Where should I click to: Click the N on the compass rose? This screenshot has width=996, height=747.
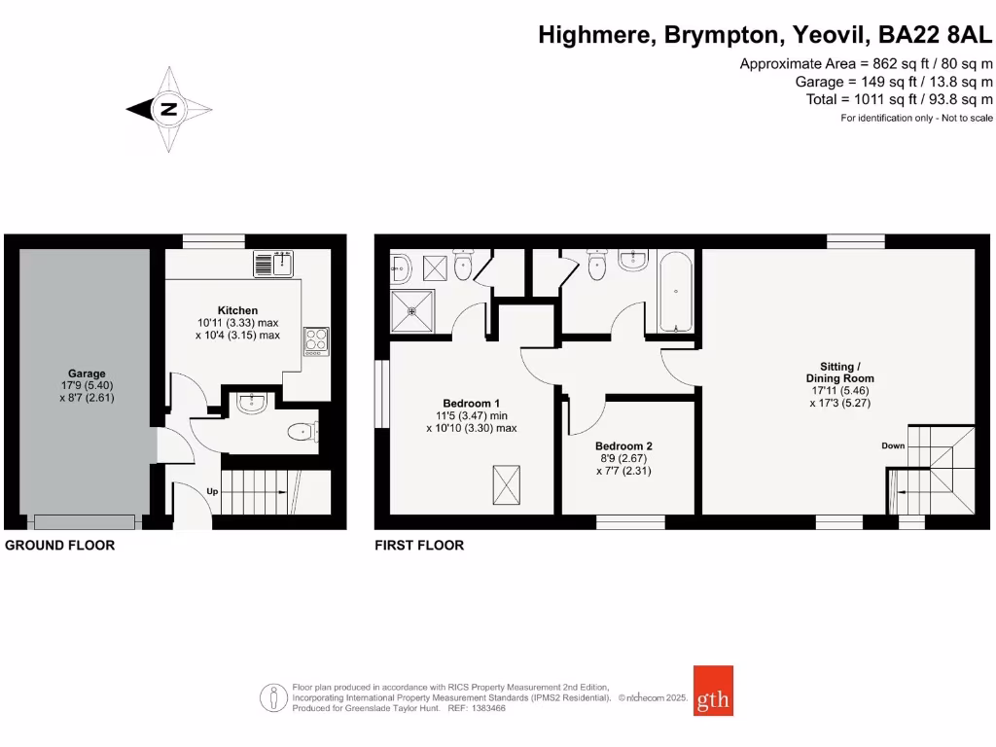click(169, 109)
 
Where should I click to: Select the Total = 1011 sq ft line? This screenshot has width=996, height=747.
click(900, 99)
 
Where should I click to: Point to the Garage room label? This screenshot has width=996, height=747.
click(87, 373)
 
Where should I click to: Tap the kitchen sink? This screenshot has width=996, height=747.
click(274, 263)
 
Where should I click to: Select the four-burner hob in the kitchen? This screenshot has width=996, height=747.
click(317, 339)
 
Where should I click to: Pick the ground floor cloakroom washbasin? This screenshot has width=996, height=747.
click(251, 403)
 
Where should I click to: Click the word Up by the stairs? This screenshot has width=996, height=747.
click(211, 491)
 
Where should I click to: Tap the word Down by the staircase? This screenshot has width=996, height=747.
click(893, 445)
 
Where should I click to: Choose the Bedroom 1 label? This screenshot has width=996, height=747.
click(472, 403)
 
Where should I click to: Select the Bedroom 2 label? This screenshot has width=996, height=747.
click(623, 446)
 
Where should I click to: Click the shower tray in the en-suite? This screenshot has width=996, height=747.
click(412, 310)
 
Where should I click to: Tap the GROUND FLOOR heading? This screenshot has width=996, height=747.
click(60, 546)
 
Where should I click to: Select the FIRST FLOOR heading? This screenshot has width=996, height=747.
click(419, 546)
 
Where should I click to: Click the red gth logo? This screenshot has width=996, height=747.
click(713, 690)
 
